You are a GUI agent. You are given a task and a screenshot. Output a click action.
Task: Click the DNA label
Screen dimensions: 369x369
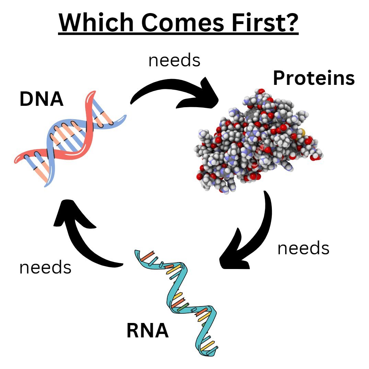tap(42, 99)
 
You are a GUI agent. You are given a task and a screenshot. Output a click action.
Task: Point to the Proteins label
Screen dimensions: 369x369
tap(313, 79)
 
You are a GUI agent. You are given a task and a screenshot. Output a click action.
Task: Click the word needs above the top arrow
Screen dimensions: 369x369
tap(174, 60)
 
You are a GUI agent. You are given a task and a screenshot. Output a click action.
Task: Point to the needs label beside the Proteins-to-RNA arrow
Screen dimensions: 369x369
tap(303, 248)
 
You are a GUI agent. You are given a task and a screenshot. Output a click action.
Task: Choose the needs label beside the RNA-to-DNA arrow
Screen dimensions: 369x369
tap(45, 267)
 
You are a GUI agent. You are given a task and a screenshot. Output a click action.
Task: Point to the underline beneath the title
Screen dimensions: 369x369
tap(178, 34)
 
